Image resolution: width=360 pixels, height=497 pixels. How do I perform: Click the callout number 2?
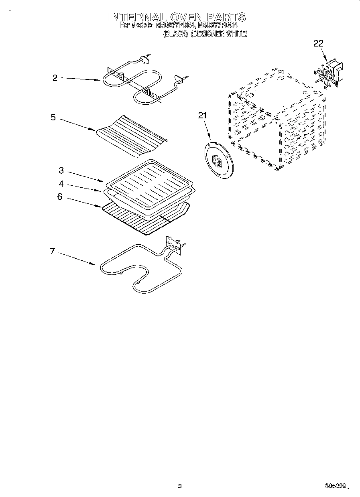point(55,78)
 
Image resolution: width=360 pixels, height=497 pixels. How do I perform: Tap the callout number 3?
point(61,170)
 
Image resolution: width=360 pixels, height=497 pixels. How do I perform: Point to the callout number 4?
point(61,184)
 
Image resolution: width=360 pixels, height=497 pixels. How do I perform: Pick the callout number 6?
point(59,197)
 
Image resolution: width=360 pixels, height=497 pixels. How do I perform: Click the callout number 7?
point(52,251)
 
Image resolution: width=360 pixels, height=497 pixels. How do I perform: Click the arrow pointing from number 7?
point(76,258)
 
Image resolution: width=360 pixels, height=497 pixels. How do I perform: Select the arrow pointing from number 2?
point(80,79)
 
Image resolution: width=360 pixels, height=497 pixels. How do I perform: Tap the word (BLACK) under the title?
point(175,34)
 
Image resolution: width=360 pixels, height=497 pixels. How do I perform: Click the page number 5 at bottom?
point(180,486)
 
